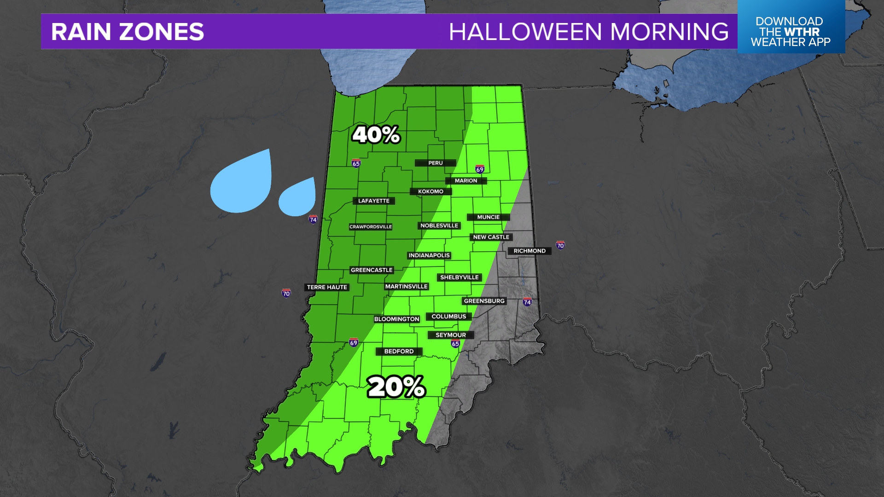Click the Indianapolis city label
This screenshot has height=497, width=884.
pyautogui.click(x=429, y=255)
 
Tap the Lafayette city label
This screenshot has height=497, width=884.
pyautogui.click(x=374, y=201)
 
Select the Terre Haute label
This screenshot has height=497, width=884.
pyautogui.click(x=327, y=287)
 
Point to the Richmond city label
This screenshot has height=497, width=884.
pyautogui.click(x=529, y=251)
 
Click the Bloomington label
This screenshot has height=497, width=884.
pyautogui.click(x=396, y=319)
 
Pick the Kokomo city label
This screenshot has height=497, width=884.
pyautogui.click(x=430, y=191)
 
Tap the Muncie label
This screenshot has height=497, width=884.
pyautogui.click(x=488, y=217)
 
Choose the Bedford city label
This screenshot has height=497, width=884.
pyautogui.click(x=399, y=351)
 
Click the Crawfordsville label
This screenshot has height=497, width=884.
pyautogui.click(x=371, y=226)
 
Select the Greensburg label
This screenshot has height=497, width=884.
pyautogui.click(x=484, y=301)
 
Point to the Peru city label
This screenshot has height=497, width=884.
pyautogui.click(x=435, y=163)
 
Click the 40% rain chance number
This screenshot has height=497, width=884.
pyautogui.click(x=376, y=135)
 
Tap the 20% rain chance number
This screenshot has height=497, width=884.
pyautogui.click(x=396, y=387)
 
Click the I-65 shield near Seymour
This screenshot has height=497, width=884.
pyautogui.click(x=455, y=343)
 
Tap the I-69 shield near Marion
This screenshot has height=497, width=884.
pyautogui.click(x=480, y=169)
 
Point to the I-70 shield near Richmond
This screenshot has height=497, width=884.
pyautogui.click(x=560, y=245)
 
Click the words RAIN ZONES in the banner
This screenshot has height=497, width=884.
pyautogui.click(x=128, y=32)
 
